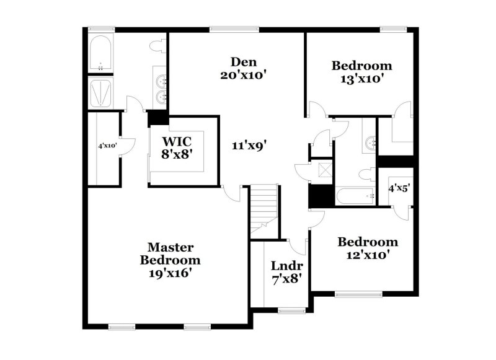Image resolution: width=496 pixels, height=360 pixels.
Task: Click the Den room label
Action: (x=239, y=62)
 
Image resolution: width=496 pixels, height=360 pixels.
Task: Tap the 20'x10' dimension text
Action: (x=239, y=75)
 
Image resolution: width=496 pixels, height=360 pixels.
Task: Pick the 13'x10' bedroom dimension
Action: (x=361, y=79)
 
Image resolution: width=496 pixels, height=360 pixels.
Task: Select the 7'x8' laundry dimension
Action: (x=286, y=279)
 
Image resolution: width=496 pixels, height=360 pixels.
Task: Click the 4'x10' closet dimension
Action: (x=107, y=146)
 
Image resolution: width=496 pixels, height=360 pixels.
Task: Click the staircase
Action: (x=264, y=211)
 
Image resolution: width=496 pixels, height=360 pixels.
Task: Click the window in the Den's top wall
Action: (x=225, y=28)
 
